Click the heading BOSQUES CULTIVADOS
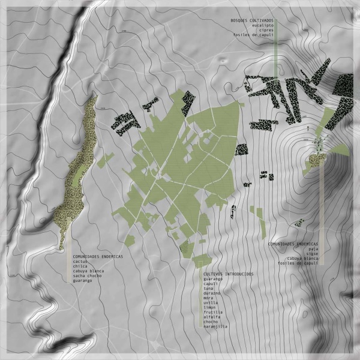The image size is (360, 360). [252, 20]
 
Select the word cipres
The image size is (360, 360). [267, 30]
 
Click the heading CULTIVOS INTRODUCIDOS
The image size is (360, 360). [228, 274]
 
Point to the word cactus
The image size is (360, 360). [80, 262]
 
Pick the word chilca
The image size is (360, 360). [80, 266]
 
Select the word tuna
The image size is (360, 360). [208, 289]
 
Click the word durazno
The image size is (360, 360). [212, 293]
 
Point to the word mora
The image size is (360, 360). [208, 298]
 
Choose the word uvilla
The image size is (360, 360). [211, 303]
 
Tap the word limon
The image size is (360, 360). [210, 308]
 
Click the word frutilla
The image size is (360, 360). [213, 313]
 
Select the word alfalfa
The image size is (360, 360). [212, 317]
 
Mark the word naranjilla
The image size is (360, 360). [215, 327]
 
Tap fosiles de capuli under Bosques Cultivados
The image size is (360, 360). [255, 35]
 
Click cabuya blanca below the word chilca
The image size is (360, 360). [88, 271]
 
